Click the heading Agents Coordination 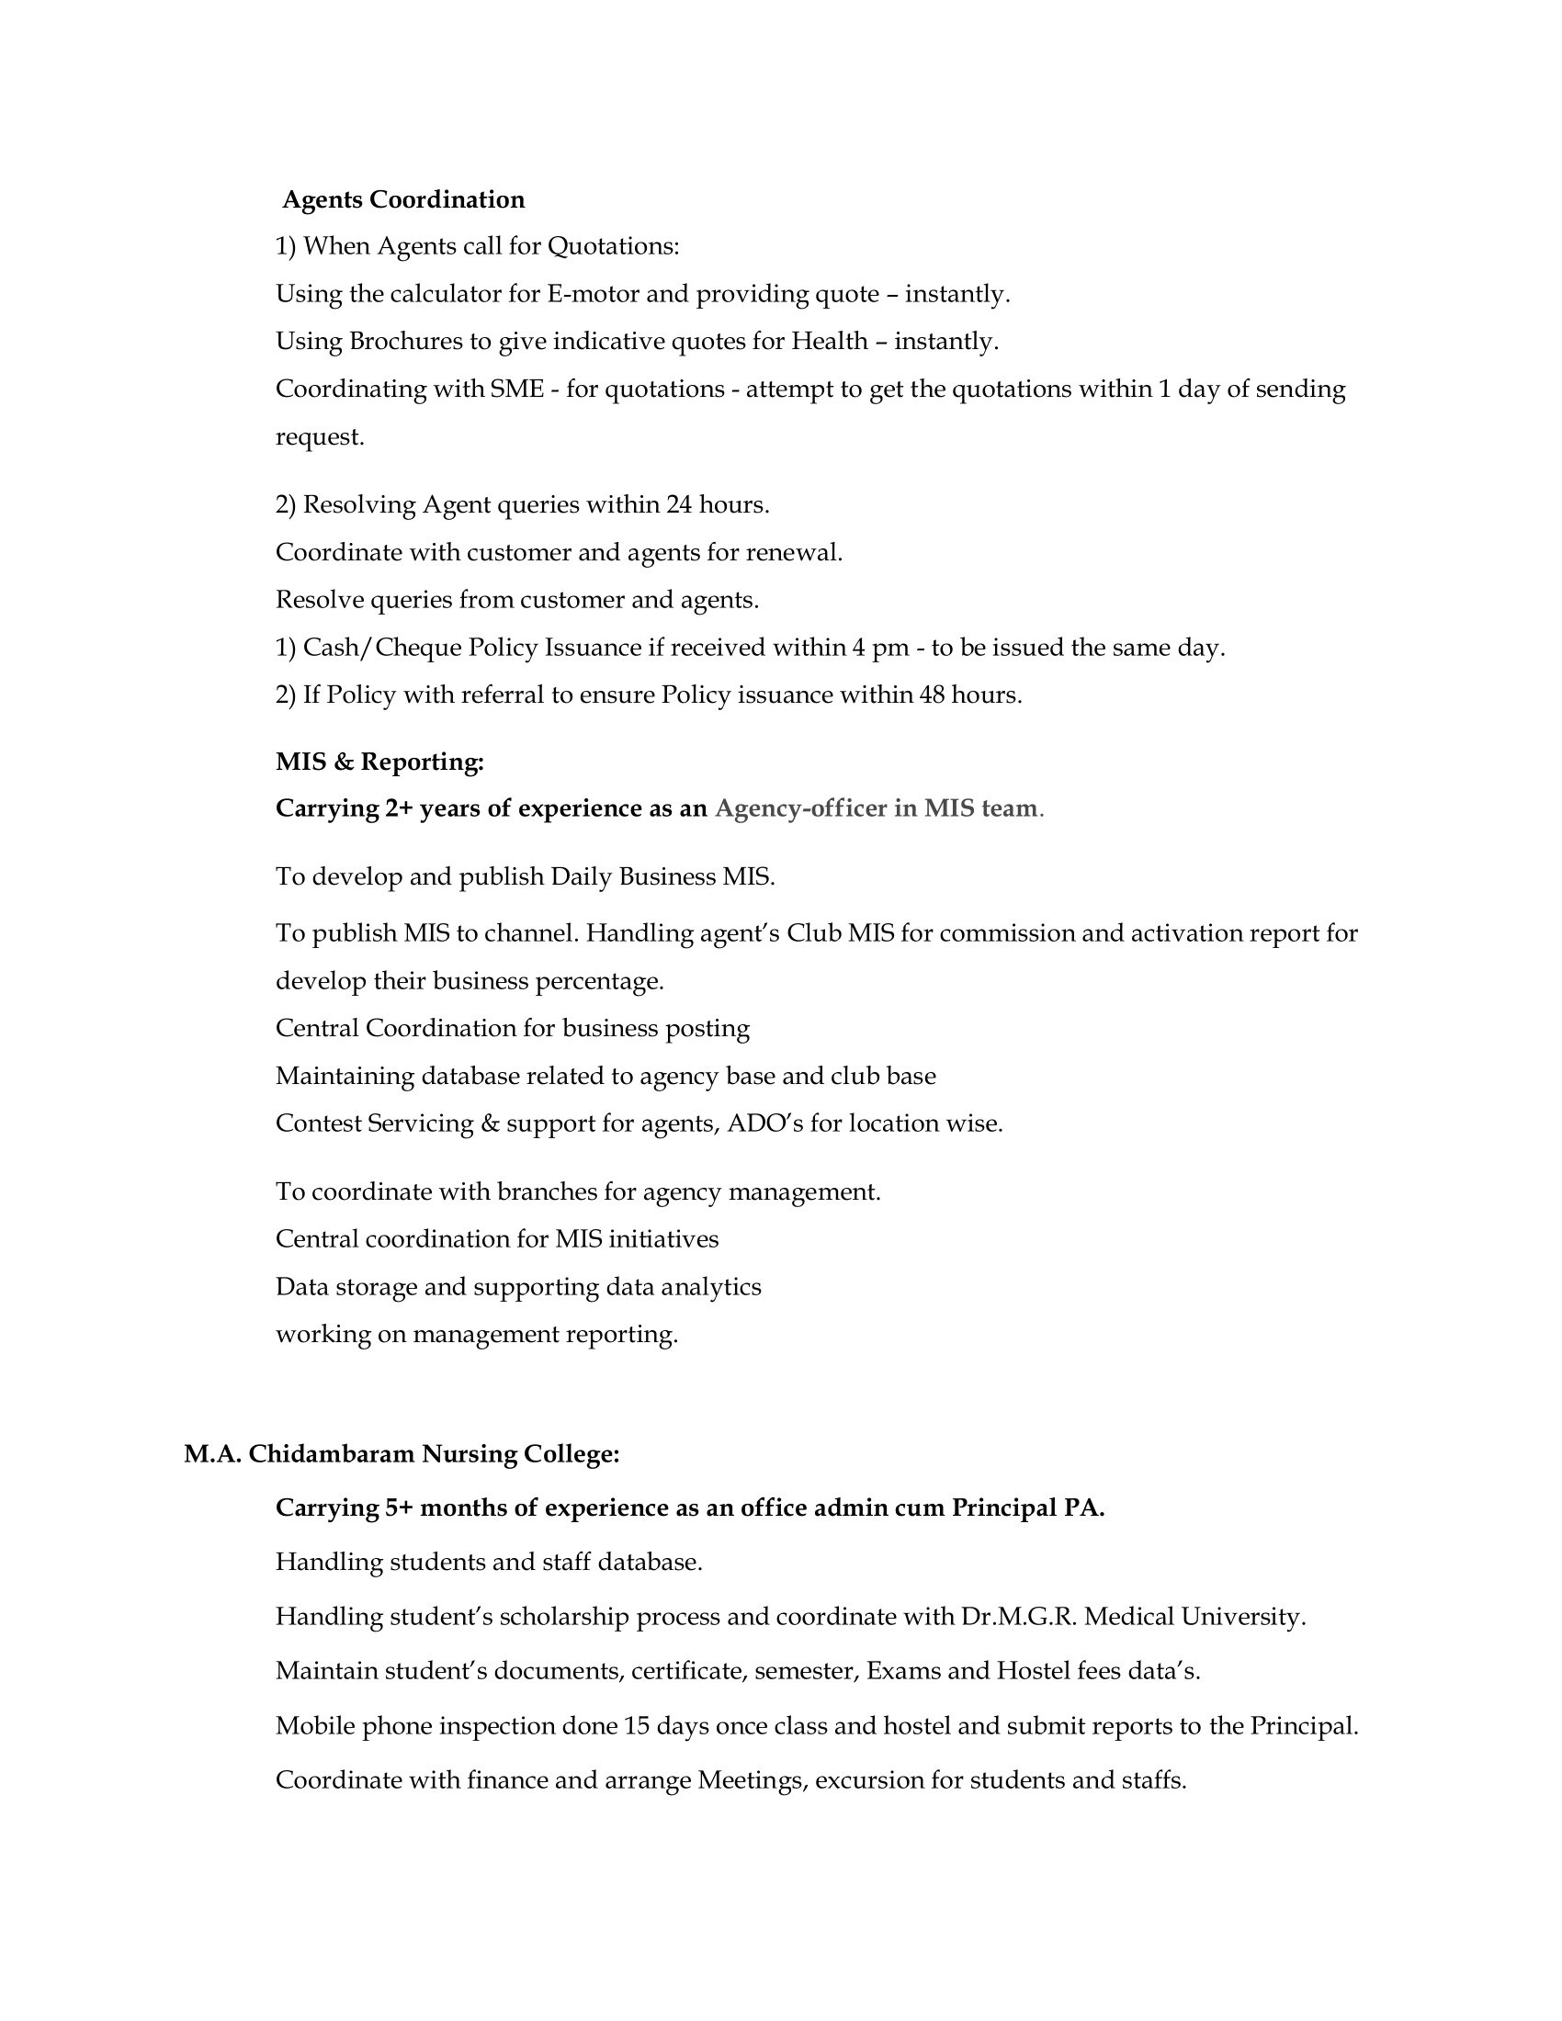click(x=403, y=199)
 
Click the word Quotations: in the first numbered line click(x=614, y=246)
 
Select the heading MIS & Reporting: click(x=379, y=762)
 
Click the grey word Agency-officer click(x=800, y=808)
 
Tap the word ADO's click(x=765, y=1123)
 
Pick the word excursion click(x=869, y=1780)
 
